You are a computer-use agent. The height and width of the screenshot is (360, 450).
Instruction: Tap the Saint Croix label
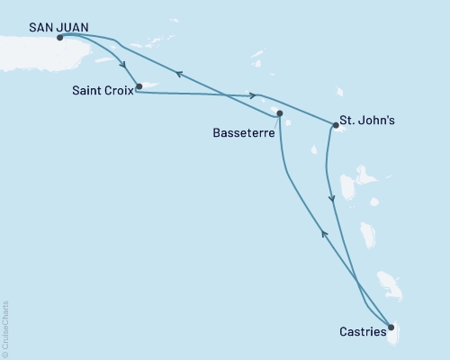[103, 90]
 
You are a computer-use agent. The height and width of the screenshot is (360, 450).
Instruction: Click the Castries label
[364, 332]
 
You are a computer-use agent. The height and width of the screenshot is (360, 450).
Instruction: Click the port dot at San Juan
[59, 38]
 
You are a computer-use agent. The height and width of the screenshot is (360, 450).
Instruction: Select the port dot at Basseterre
[280, 113]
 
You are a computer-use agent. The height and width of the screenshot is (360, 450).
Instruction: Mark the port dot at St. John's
[335, 126]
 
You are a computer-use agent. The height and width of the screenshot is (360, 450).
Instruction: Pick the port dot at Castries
[390, 327]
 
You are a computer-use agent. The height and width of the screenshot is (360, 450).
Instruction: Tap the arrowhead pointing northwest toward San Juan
[179, 75]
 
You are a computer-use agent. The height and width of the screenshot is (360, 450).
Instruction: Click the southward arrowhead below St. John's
[334, 199]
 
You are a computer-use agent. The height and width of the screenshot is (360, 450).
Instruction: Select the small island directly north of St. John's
[341, 92]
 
